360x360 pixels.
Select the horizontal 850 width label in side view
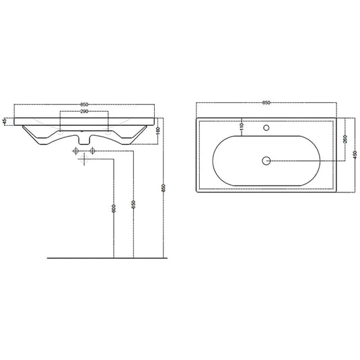tap(84, 104)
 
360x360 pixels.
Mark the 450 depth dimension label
tap(354, 154)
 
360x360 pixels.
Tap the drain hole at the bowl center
tap(266, 161)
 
